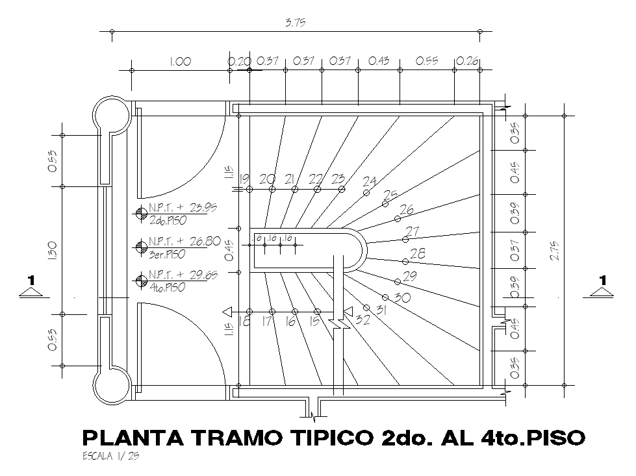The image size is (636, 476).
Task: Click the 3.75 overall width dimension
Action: coord(296,23)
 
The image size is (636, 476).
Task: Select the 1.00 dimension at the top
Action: coord(180,62)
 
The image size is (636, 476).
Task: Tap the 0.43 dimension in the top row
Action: coord(379,61)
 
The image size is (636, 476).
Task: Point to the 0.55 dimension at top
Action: coord(427,61)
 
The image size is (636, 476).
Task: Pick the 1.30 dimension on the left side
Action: coord(53,250)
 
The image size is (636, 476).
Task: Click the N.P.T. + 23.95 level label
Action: coord(183,208)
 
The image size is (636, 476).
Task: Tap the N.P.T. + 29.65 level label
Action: coord(183,275)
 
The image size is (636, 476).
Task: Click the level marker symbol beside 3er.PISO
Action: coord(142,246)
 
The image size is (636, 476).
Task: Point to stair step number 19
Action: coord(244,179)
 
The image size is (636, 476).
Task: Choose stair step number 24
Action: coord(369,181)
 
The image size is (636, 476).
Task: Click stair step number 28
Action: coord(418,253)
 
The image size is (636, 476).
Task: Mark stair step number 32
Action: coord(363,319)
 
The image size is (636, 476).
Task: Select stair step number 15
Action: coord(315,321)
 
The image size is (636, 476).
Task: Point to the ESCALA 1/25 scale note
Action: coord(111,456)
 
